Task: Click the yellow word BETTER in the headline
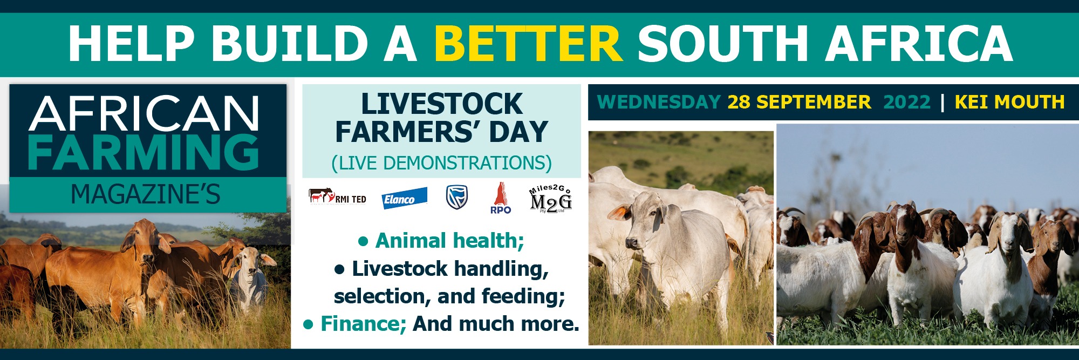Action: tap(528, 44)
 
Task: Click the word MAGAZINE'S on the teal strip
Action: tap(146, 194)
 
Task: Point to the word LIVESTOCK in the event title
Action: tap(442, 104)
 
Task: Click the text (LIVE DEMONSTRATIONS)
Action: tap(441, 162)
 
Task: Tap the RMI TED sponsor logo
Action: tap(337, 197)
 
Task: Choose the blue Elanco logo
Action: tap(404, 199)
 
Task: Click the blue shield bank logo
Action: tap(457, 198)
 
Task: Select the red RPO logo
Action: tap(501, 198)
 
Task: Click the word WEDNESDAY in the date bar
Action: tap(659, 102)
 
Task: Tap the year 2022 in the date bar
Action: tap(907, 102)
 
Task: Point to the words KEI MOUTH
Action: tap(1009, 102)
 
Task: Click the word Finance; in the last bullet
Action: tap(363, 324)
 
